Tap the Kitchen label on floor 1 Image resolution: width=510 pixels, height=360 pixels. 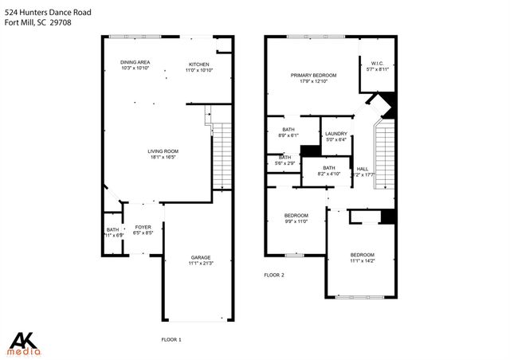[198, 64]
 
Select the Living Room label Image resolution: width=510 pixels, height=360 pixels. [163, 151]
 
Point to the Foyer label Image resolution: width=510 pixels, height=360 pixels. [142, 227]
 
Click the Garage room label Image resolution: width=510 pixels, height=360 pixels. [200, 257]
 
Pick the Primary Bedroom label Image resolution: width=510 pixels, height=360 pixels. [313, 75]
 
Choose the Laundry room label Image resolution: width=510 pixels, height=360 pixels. [335, 134]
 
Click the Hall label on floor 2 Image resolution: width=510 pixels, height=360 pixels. [363, 169]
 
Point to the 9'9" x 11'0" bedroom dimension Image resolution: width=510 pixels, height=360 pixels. [296, 221]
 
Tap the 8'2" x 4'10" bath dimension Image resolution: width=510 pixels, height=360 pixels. [329, 174]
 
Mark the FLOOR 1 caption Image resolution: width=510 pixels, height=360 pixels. [171, 340]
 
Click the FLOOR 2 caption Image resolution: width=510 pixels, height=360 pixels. [274, 275]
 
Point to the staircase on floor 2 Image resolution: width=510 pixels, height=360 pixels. [385, 155]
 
